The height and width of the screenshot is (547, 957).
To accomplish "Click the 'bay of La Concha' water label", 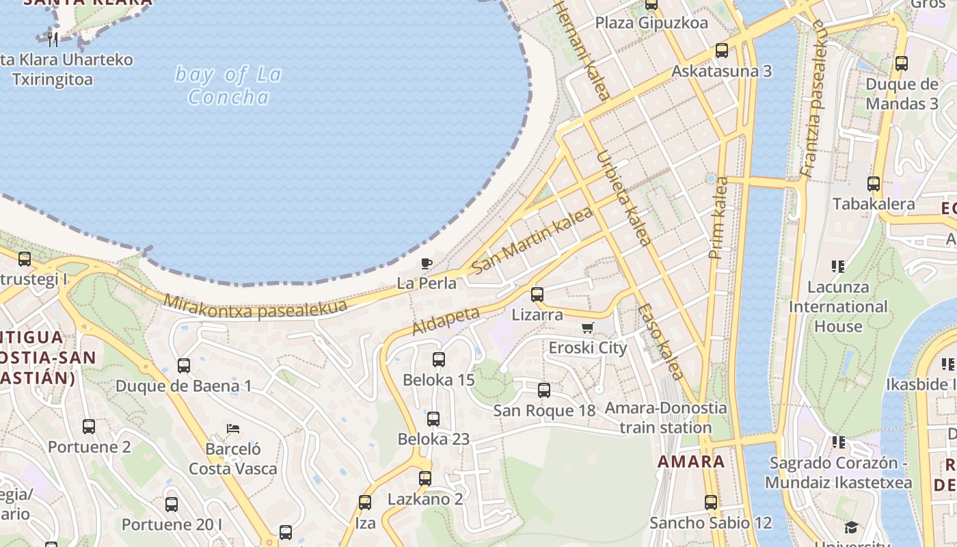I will point(228,85).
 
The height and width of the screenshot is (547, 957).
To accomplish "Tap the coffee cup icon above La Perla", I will point(427,263).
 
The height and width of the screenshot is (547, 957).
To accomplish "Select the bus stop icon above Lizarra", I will point(537,295).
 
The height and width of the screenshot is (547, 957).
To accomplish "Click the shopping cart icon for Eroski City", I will point(588,328).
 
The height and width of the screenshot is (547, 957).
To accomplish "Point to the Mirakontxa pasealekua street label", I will point(255,306).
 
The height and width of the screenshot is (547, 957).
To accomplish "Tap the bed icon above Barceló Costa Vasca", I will point(233,429).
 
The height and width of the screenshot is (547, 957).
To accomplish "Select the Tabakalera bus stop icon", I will point(874,183).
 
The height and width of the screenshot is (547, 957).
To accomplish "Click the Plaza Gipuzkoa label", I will point(651,23).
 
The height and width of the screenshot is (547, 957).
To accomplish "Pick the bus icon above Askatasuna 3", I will point(722,50).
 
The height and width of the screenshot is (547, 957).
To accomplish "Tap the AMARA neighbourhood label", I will point(691,462).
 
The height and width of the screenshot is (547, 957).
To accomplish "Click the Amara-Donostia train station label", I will point(666,418).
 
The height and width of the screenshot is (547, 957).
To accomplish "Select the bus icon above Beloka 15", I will point(439,359).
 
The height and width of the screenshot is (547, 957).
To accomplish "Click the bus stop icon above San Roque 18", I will point(544,390).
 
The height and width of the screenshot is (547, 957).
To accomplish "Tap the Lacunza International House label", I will point(838,306).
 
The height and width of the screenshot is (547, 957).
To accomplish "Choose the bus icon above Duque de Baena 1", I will point(184,365).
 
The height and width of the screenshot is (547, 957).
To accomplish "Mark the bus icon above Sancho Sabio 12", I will point(711,503).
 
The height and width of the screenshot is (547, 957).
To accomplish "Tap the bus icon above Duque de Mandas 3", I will point(902,64).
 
